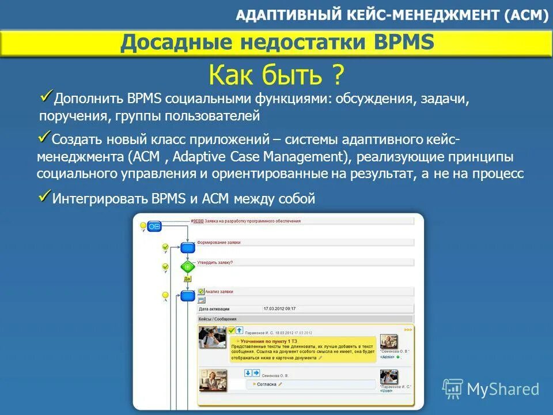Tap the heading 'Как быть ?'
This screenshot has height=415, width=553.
click(276, 74)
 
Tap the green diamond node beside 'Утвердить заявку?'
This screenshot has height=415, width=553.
click(187, 267)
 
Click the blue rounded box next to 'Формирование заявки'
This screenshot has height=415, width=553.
click(187, 247)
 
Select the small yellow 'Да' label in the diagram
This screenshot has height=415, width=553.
click(187, 279)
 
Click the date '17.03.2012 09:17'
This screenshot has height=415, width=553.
click(279, 309)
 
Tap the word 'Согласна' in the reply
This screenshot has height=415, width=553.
click(267, 384)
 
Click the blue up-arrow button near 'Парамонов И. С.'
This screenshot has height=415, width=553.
click(239, 330)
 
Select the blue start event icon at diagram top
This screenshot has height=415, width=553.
click(154, 227)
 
